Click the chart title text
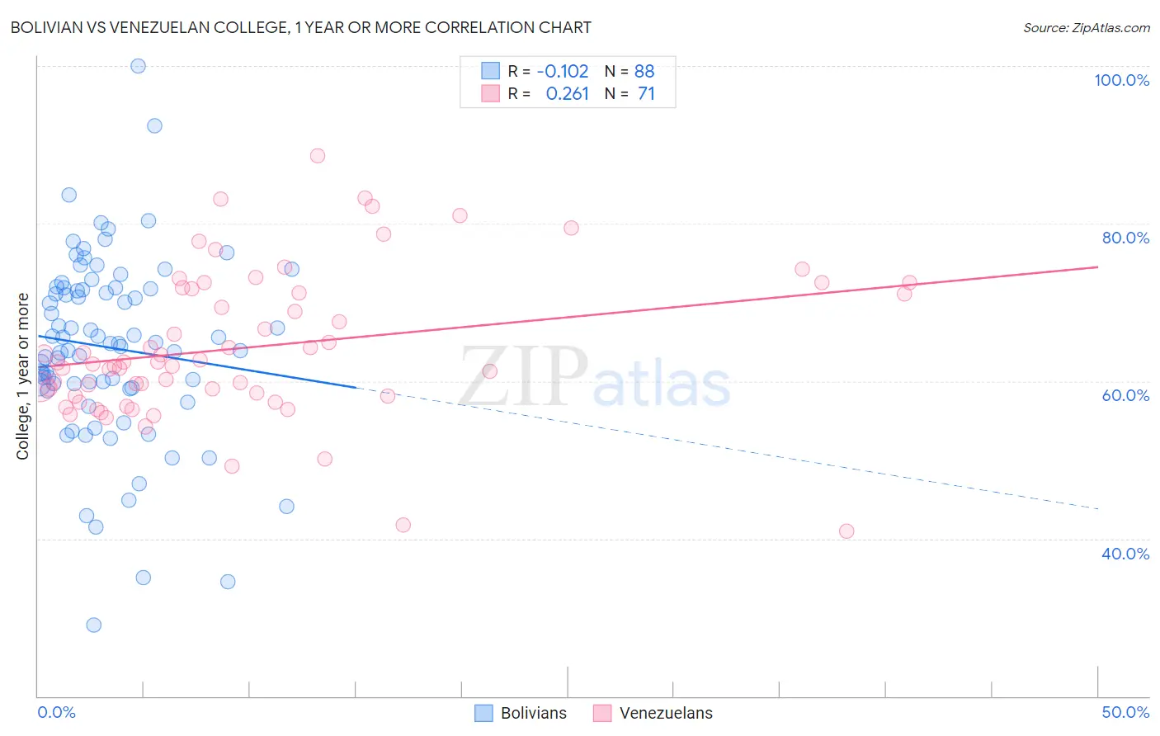click(300, 27)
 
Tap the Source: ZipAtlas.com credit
click(1086, 27)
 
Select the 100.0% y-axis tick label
click(1121, 80)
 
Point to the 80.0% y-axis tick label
click(1125, 238)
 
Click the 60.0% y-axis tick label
click(1125, 395)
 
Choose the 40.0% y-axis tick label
click(1125, 554)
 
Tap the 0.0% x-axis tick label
click(56, 712)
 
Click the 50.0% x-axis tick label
click(1125, 712)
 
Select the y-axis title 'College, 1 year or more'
click(22, 376)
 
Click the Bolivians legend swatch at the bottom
click(484, 713)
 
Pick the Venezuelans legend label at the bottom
click(666, 713)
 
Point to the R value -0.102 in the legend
click(563, 71)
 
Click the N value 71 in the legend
click(646, 94)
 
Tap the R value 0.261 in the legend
click(568, 94)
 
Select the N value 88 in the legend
click(644, 71)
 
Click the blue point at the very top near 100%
click(139, 66)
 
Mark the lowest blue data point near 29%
click(94, 625)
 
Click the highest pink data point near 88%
click(318, 155)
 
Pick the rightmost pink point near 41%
click(846, 531)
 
